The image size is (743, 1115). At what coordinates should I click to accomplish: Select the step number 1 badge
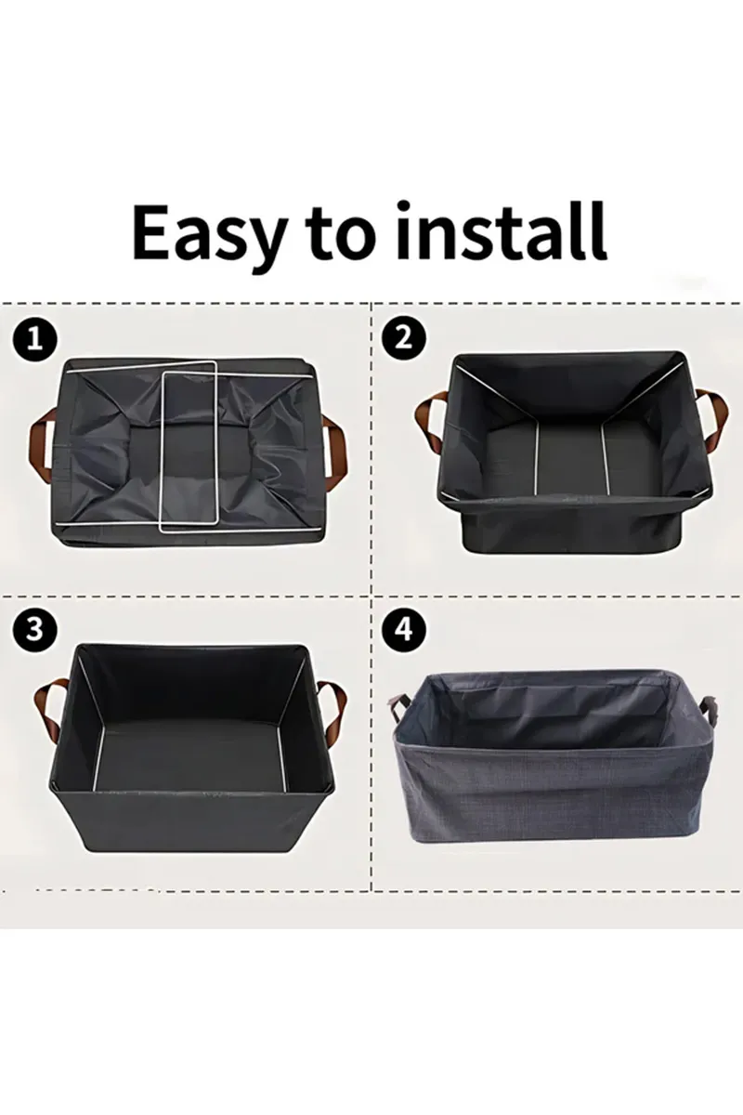coord(34,339)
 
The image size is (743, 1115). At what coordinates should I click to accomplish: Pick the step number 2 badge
coord(402,337)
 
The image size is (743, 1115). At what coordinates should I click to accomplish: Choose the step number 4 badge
coord(402,629)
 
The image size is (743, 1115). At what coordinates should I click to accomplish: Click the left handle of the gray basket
coord(398,711)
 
